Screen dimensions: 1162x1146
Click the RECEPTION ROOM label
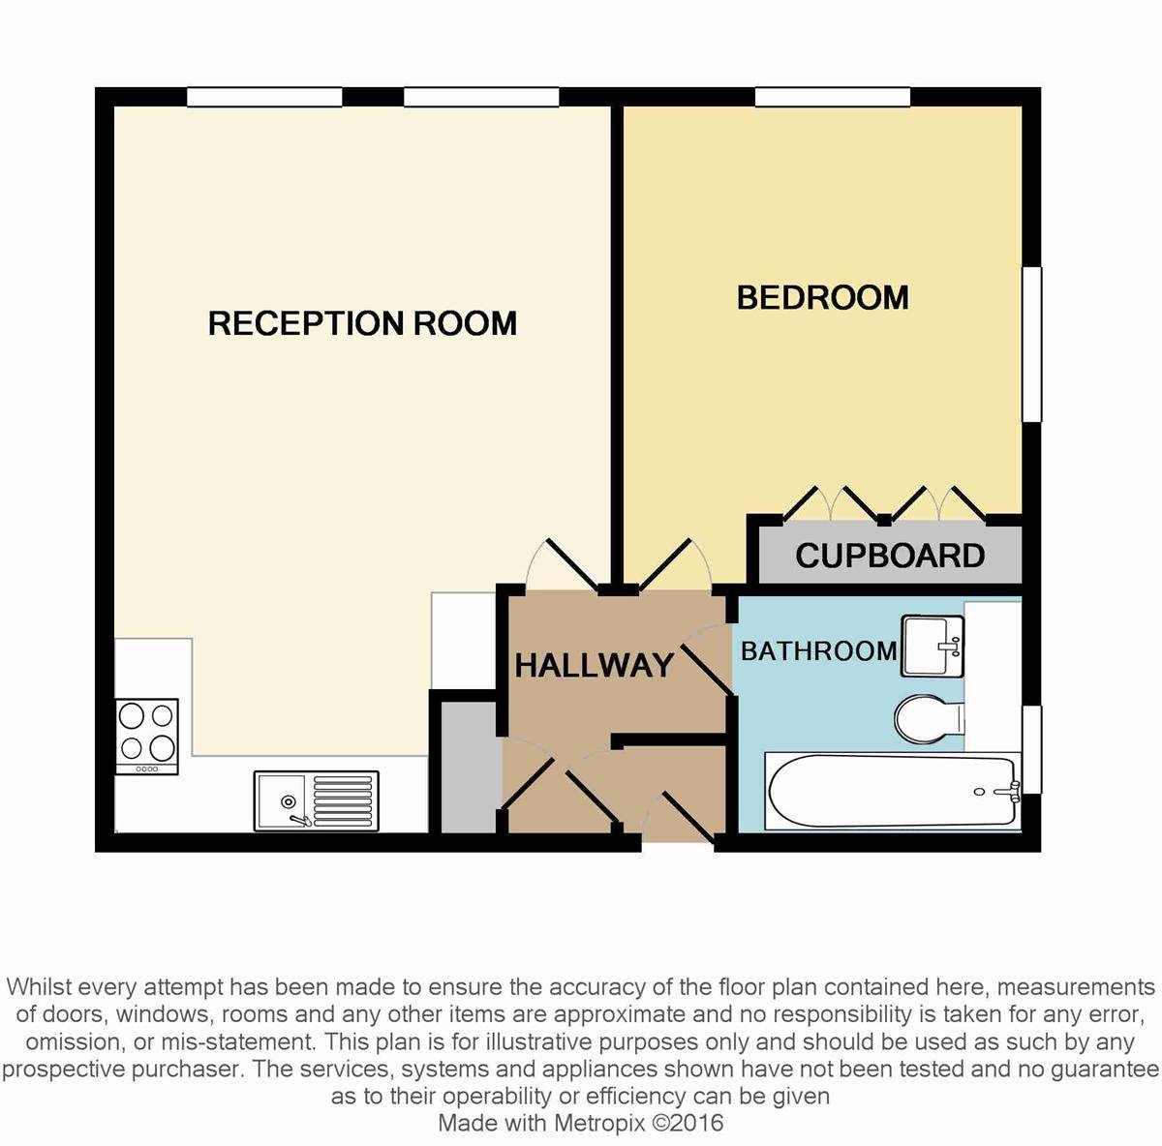tap(362, 323)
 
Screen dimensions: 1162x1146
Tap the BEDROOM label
tap(822, 298)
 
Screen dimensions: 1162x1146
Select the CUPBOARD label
tap(890, 556)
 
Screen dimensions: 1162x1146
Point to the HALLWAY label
tap(594, 665)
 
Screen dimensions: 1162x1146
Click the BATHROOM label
tap(819, 651)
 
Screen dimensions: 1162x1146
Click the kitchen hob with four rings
tap(147, 736)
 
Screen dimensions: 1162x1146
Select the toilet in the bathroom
tap(930, 719)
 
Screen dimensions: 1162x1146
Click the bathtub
tap(893, 791)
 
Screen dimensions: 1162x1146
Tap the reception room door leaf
tap(571, 562)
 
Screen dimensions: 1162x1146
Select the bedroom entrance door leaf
tap(664, 563)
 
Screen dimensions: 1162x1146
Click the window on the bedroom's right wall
tap(1032, 345)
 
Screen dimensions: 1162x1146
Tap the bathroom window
tap(1032, 749)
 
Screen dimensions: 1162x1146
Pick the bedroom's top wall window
tap(833, 97)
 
